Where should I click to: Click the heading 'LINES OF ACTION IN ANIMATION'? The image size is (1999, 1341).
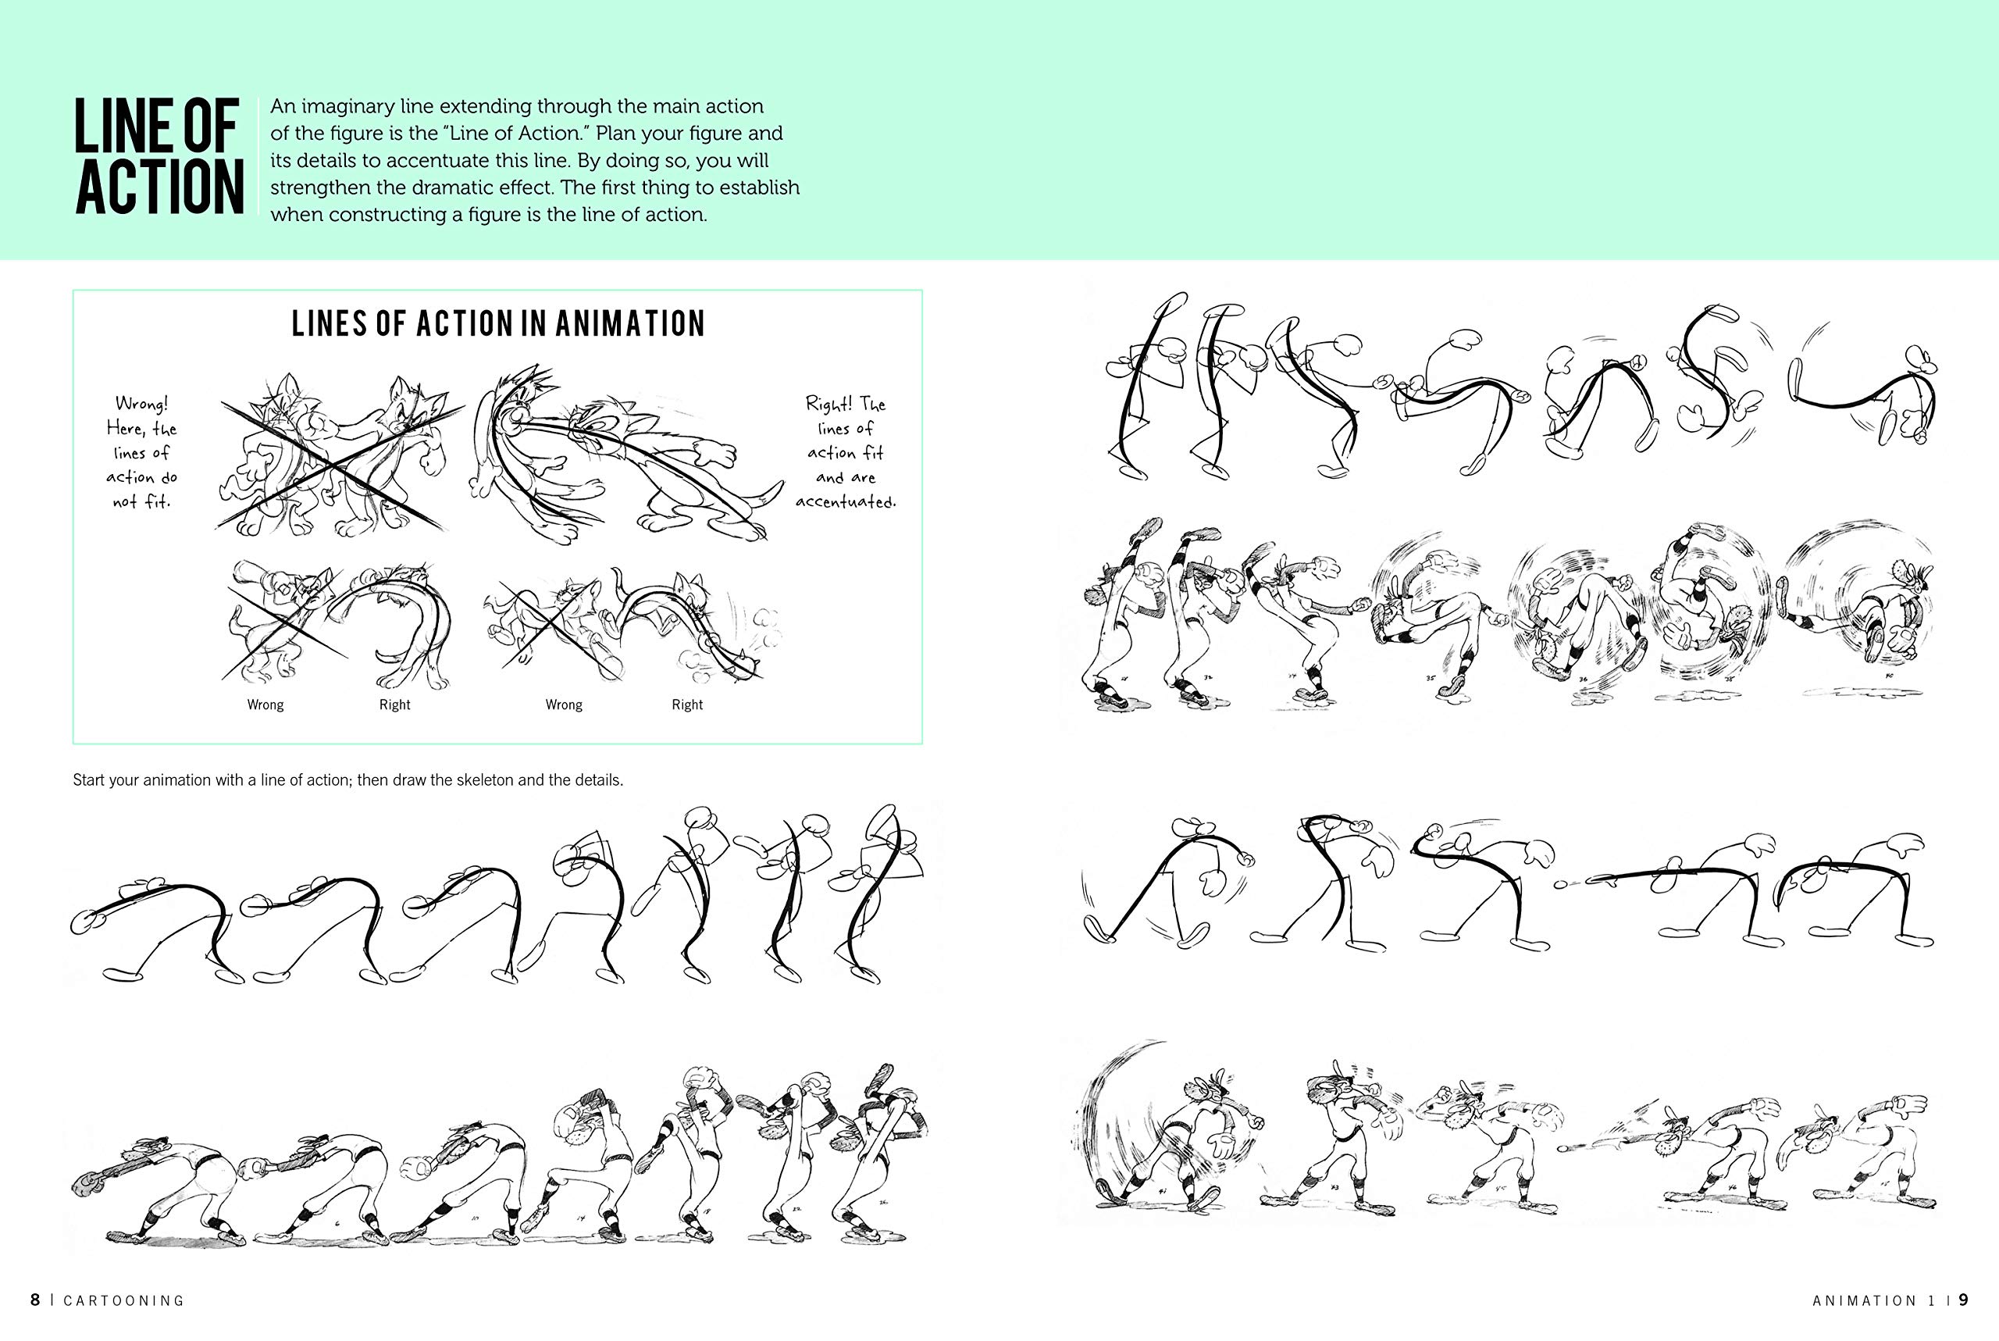pos(497,324)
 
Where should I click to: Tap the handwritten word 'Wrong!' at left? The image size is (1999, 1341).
pos(142,404)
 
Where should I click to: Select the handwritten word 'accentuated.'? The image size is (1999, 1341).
pos(846,502)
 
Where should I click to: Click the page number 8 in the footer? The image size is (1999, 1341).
pos(35,1300)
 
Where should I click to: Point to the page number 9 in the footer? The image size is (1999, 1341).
pos(1963,1300)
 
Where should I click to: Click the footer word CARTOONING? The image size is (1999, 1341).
pos(124,1301)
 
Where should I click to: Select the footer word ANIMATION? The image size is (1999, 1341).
pos(1864,1301)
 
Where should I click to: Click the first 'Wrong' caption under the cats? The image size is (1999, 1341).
pos(265,704)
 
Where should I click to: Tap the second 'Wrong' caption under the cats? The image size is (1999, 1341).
pos(564,704)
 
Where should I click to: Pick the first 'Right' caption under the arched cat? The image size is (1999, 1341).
pos(394,704)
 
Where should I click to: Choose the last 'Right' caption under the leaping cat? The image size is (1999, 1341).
pos(686,704)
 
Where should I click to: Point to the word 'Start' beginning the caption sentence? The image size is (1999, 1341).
pos(89,780)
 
